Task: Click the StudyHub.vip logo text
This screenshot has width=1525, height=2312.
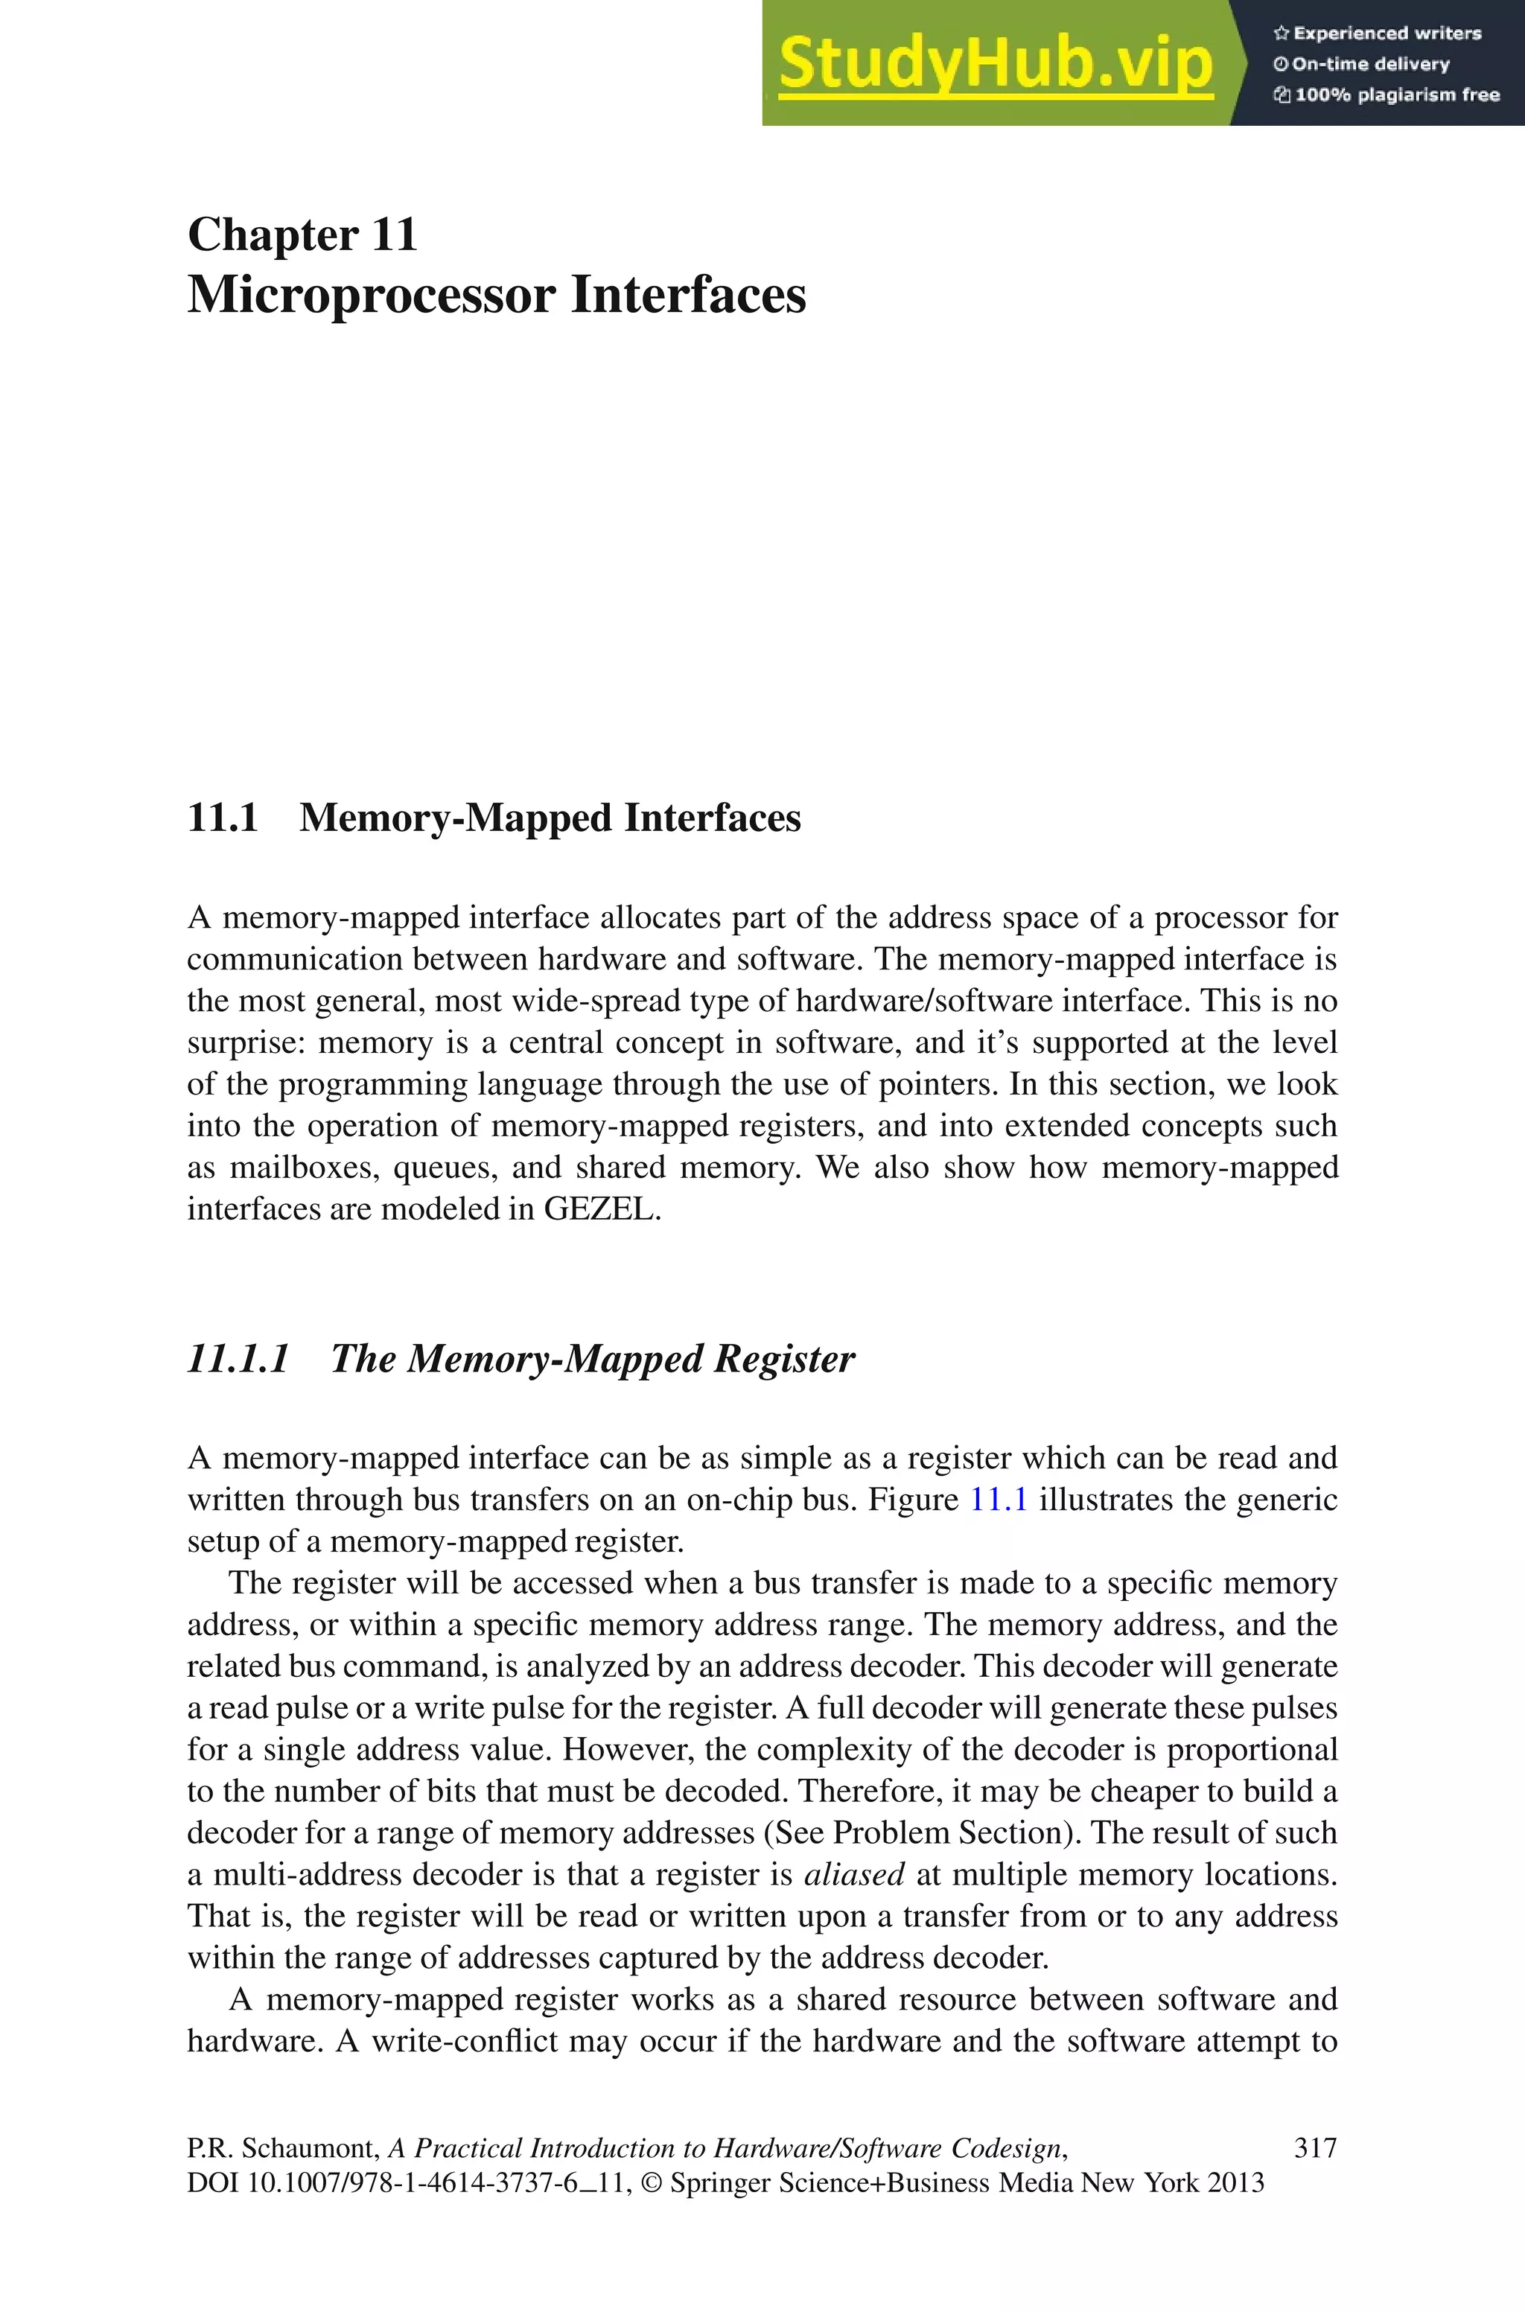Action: pyautogui.click(x=995, y=64)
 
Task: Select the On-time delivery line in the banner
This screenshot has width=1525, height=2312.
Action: pyautogui.click(x=1370, y=64)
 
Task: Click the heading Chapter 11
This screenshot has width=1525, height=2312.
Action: pyautogui.click(x=302, y=235)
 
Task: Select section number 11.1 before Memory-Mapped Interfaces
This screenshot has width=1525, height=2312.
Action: pyautogui.click(x=223, y=818)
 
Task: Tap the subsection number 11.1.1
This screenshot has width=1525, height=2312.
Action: pyautogui.click(x=238, y=1358)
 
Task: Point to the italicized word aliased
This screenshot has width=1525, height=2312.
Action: pyautogui.click(x=854, y=1873)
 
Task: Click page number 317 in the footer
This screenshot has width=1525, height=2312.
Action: pyautogui.click(x=1315, y=2147)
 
